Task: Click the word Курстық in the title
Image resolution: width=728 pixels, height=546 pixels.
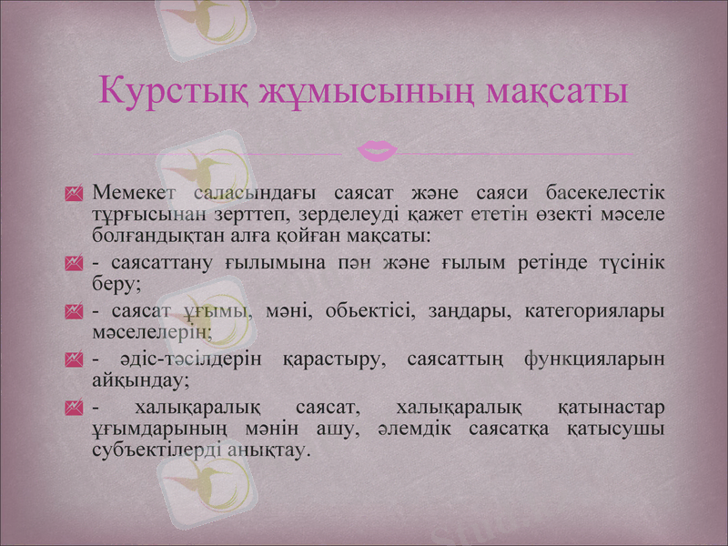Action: tap(172, 92)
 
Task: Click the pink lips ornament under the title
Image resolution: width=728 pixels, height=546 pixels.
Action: tap(376, 149)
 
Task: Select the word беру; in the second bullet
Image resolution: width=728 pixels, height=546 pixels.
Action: tap(116, 283)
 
